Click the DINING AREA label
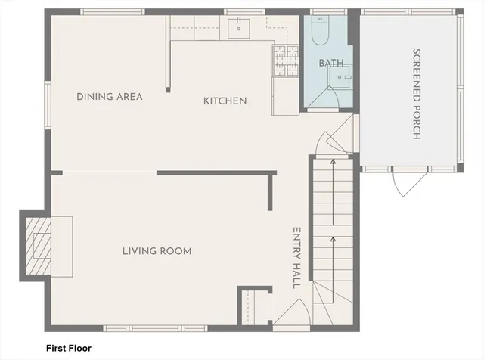110,97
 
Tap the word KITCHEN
225,101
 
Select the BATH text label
330,63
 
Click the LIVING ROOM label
157,251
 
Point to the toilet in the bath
319,33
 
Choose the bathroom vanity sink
344,76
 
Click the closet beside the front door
253,309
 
